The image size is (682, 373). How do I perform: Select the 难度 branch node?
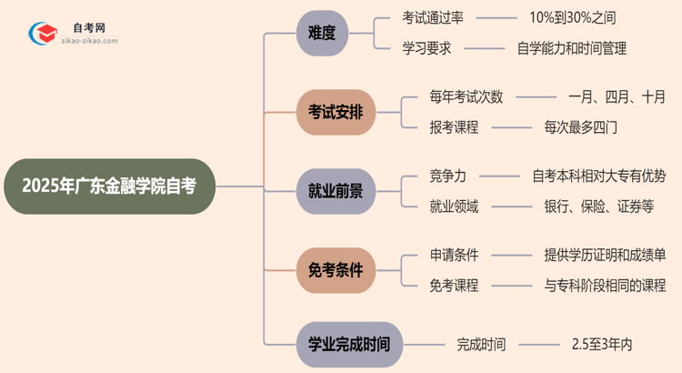click(x=322, y=33)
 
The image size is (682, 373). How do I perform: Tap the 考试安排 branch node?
click(x=336, y=112)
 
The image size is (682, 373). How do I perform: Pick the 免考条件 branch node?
click(x=336, y=270)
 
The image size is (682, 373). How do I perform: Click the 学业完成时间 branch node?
click(x=349, y=344)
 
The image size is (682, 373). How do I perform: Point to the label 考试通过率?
click(x=434, y=17)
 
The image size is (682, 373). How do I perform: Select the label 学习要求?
click(x=426, y=48)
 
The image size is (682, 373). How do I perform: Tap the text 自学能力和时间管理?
click(x=571, y=48)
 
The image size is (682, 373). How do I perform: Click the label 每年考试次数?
click(x=466, y=96)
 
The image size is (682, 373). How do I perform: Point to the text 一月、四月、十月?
click(x=617, y=96)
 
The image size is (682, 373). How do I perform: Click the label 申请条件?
click(x=454, y=255)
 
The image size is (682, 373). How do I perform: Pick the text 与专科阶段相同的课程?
click(x=605, y=286)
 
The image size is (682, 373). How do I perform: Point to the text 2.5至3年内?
click(x=602, y=344)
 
